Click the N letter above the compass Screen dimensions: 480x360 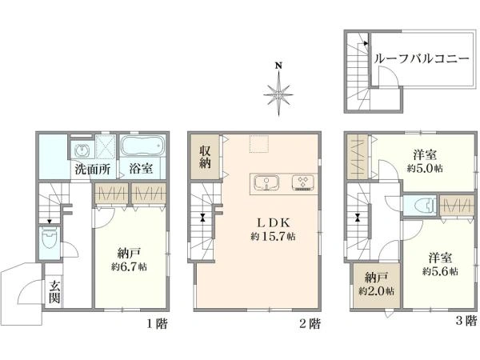point(278,66)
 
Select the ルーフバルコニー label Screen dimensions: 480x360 point(422,58)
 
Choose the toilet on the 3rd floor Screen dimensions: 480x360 point(425,205)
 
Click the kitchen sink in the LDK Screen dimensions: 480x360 point(266,183)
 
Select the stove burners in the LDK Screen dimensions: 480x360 point(303,183)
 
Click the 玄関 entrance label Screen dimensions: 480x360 point(54,291)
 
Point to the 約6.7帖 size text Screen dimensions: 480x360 point(129,266)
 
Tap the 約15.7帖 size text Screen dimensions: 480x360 point(273,236)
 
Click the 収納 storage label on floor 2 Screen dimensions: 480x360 point(205,157)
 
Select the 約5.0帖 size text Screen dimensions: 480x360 point(425,168)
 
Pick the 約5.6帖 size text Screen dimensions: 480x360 point(440,271)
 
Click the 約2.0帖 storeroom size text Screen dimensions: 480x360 point(376,291)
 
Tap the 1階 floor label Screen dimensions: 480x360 point(157,323)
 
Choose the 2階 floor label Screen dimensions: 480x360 point(310,323)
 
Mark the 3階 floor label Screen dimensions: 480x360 point(466,321)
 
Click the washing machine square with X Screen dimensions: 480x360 point(106,147)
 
